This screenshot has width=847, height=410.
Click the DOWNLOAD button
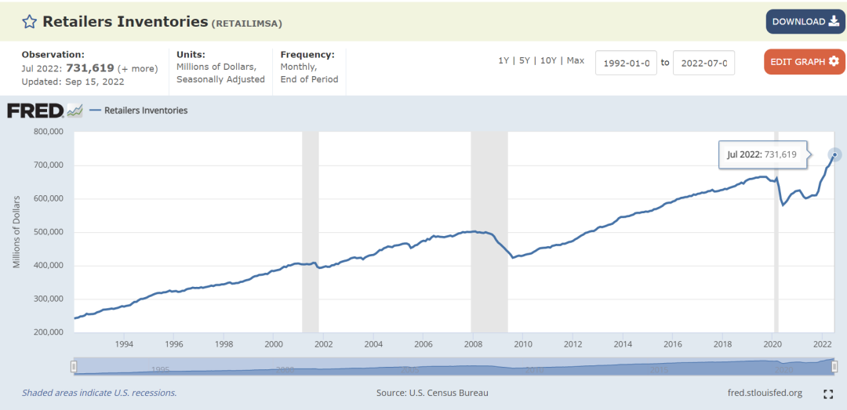pyautogui.click(x=805, y=22)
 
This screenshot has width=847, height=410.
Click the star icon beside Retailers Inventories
pyautogui.click(x=29, y=22)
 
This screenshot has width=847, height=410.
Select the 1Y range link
pyautogui.click(x=503, y=61)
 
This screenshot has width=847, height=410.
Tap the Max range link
pyautogui.click(x=575, y=61)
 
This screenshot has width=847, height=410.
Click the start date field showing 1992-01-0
pyautogui.click(x=626, y=63)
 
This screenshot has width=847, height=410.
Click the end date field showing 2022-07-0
pyautogui.click(x=703, y=63)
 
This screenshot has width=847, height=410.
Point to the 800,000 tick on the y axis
pyautogui.click(x=49, y=132)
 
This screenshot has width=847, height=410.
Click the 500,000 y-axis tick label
pyautogui.click(x=49, y=232)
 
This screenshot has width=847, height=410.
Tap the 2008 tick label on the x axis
pyautogui.click(x=473, y=344)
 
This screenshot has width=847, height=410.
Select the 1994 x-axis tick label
pyautogui.click(x=124, y=344)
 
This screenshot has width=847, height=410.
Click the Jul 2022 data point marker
pyautogui.click(x=834, y=154)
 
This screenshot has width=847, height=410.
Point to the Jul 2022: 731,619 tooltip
pyautogui.click(x=762, y=154)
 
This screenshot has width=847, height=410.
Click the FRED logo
pyautogui.click(x=35, y=111)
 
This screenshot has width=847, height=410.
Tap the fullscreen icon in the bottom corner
pyautogui.click(x=828, y=394)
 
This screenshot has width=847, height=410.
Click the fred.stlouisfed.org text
pyautogui.click(x=765, y=393)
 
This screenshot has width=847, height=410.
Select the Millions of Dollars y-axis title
pyautogui.click(x=16, y=233)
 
